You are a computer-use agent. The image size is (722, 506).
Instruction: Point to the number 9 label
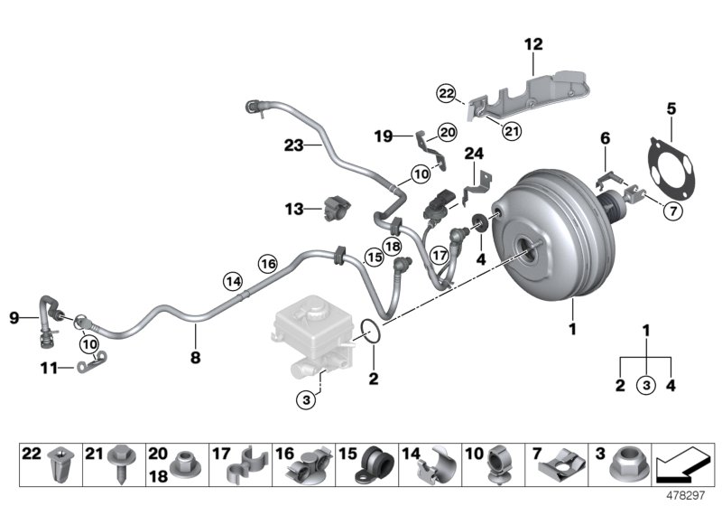pyautogui.click(x=14, y=316)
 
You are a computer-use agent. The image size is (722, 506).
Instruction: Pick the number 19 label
pyautogui.click(x=382, y=136)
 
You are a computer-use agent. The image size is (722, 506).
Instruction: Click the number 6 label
pyautogui.click(x=605, y=137)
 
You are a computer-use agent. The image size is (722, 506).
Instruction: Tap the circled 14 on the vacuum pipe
pyautogui.click(x=233, y=281)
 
